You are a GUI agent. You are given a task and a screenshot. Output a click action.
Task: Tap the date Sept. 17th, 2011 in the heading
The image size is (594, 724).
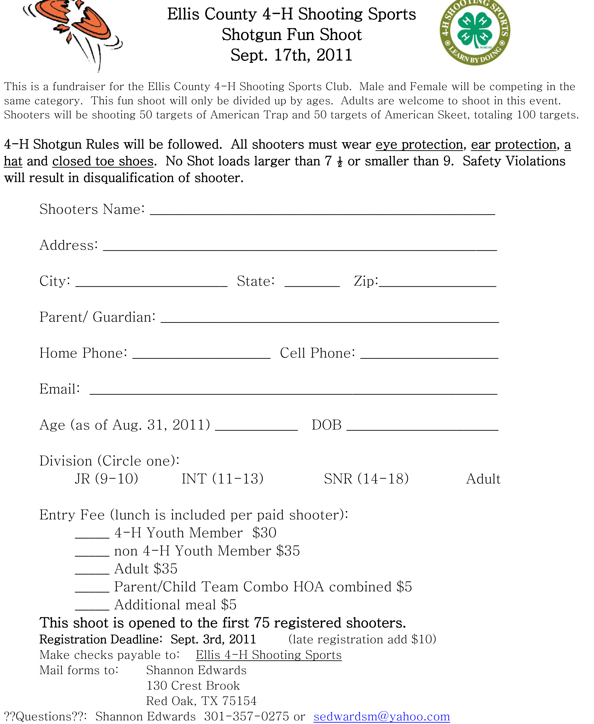[x=291, y=55]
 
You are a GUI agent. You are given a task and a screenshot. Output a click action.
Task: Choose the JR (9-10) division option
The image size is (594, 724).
[x=106, y=479]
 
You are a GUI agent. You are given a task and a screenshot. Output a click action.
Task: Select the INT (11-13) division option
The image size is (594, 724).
[x=222, y=479]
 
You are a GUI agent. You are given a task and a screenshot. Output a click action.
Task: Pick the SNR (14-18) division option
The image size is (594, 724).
[x=366, y=479]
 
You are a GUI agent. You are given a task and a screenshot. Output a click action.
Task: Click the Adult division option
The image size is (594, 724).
[x=483, y=479]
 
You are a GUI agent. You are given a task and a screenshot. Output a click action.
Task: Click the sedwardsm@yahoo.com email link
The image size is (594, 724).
[x=381, y=716]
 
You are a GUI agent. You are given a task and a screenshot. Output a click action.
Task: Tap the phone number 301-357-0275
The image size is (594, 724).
[x=246, y=716]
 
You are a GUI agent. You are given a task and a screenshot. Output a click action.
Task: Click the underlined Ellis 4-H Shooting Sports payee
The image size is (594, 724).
[x=269, y=655]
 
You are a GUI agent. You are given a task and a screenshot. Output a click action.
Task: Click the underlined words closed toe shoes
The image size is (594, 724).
[x=103, y=161]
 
